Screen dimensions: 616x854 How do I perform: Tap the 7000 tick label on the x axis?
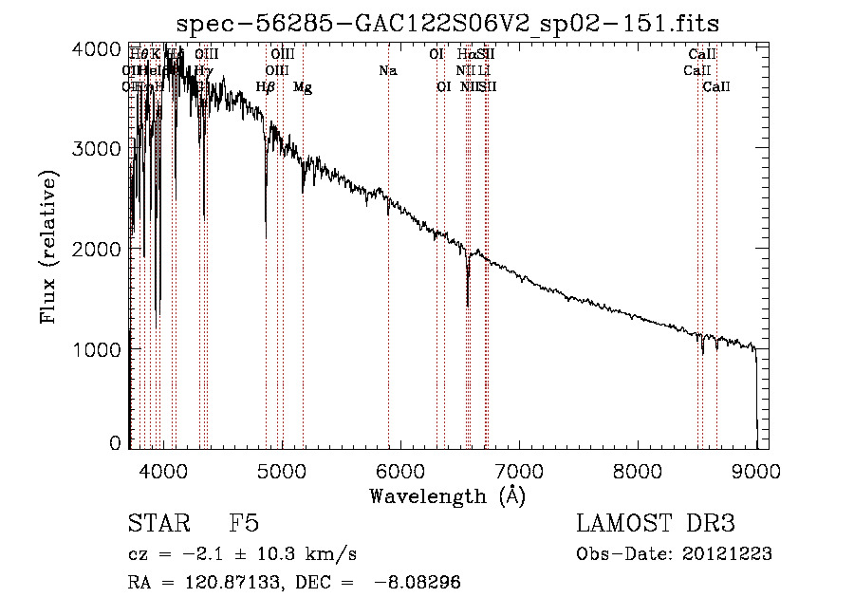click(x=518, y=469)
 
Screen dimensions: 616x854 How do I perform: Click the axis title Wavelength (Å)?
click(x=447, y=495)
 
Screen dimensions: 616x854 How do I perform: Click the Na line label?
click(x=388, y=70)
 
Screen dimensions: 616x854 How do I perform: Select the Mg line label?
click(x=303, y=87)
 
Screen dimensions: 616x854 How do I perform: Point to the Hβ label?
click(x=266, y=87)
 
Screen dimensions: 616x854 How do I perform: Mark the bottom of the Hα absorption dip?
click(x=468, y=305)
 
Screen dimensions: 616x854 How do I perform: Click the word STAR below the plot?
click(x=158, y=524)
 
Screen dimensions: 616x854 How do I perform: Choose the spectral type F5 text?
click(x=244, y=524)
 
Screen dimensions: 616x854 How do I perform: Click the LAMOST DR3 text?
click(x=656, y=524)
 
